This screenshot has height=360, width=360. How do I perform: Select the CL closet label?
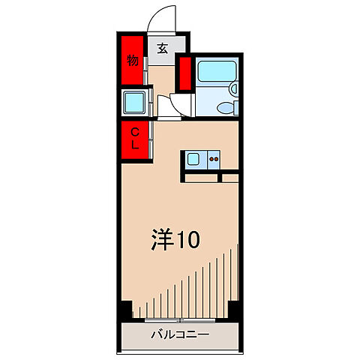(136, 139)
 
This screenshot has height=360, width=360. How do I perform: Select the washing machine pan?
(135, 102)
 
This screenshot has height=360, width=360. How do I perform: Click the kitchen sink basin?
(193, 158)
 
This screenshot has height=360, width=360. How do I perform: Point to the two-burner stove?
(214, 158)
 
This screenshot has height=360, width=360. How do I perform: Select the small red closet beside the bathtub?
(184, 72)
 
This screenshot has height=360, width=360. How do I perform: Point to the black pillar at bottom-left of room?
(126, 308)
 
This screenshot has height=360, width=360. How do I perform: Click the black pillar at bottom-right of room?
(234, 308)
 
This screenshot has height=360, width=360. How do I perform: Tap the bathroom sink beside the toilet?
(232, 89)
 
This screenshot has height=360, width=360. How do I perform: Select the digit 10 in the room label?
(188, 240)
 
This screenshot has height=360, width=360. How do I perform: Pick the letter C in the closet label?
(136, 133)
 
